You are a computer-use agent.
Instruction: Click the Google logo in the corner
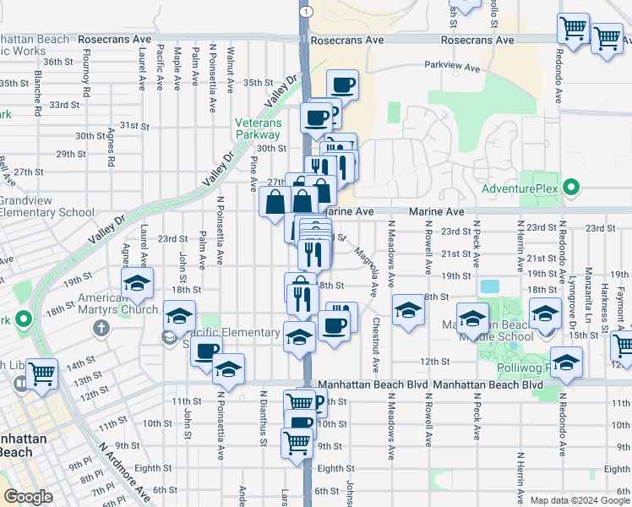tap(29, 497)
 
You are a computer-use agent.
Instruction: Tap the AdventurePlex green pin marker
tap(571, 188)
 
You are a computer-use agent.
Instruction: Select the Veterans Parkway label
tap(258, 128)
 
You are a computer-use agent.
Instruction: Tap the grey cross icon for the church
tap(100, 328)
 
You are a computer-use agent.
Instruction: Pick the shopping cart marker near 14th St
tap(41, 373)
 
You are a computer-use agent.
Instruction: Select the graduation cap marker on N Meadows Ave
tap(408, 309)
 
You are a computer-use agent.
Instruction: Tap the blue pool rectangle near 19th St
tap(489, 286)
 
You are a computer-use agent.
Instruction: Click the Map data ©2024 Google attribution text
tap(578, 500)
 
